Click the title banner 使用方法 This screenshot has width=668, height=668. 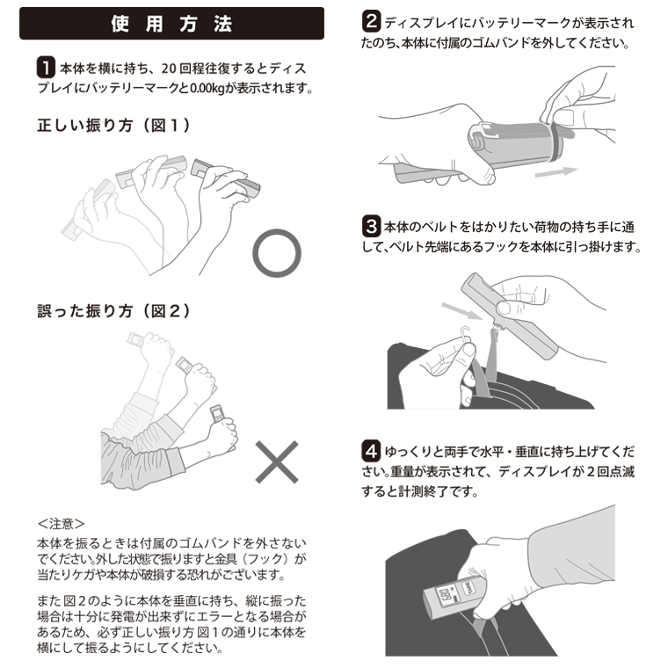click(171, 24)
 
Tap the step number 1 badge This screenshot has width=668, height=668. click(46, 68)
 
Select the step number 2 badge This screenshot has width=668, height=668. click(371, 21)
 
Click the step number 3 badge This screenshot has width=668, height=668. click(371, 226)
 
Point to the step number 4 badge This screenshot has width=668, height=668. click(371, 451)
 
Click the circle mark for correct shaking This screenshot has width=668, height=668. click(277, 230)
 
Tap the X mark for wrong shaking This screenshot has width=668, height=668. click(277, 461)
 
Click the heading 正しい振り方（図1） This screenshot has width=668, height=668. click(113, 126)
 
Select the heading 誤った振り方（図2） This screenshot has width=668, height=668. click(113, 311)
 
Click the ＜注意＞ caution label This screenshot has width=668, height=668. click(61, 524)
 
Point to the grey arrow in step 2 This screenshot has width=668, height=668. click(556, 171)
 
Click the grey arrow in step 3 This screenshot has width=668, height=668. click(461, 310)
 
